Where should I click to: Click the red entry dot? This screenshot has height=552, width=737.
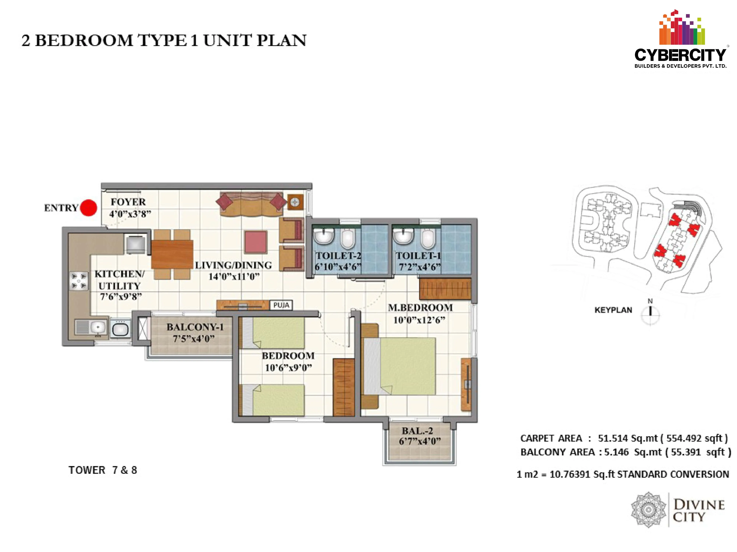coord(89,208)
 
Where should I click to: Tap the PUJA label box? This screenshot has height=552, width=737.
coord(281,305)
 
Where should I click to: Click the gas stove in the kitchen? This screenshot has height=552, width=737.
coord(79,281)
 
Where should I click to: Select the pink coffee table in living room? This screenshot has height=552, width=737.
coord(256,242)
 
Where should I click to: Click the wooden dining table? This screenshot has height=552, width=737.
coord(172,254)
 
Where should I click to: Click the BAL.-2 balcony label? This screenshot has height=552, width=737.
coord(418,431)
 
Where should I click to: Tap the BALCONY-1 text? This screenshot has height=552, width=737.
coord(195,327)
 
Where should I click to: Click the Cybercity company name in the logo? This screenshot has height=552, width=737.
coord(680,55)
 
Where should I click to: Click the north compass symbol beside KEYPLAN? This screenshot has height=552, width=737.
coord(650,313)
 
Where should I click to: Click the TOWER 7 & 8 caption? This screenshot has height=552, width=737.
coord(103,470)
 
